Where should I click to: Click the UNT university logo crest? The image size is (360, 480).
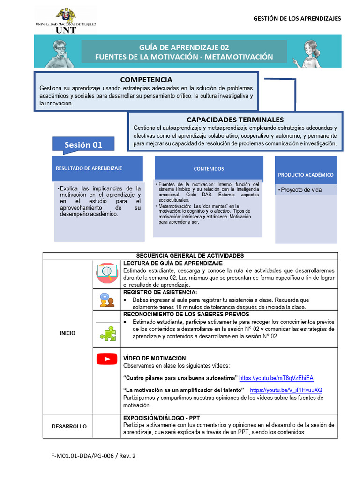pyautogui.click(x=66, y=15)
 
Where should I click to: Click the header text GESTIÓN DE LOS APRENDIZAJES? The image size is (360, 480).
pyautogui.click(x=297, y=19)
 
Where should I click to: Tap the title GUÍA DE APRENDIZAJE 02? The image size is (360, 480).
pyautogui.click(x=184, y=47)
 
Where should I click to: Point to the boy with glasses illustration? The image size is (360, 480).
pyautogui.click(x=59, y=53)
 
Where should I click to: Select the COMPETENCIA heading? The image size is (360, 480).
pyautogui.click(x=146, y=80)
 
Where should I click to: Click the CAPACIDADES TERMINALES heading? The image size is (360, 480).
pyautogui.click(x=235, y=120)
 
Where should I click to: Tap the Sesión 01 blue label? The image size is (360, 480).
pyautogui.click(x=83, y=145)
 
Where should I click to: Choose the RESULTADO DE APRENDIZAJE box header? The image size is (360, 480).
pyautogui.click(x=89, y=168)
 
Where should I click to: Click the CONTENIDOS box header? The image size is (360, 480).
pyautogui.click(x=209, y=169)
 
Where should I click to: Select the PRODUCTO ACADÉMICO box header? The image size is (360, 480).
pyautogui.click(x=306, y=175)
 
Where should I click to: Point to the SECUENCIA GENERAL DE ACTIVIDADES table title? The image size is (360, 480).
pyautogui.click(x=190, y=255)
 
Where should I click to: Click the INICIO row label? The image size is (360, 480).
pyautogui.click(x=67, y=333)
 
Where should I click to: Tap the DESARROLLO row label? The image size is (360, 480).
pyautogui.click(x=69, y=426)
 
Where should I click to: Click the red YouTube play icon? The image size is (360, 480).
pyautogui.click(x=106, y=359)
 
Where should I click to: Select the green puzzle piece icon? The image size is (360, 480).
pyautogui.click(x=107, y=333)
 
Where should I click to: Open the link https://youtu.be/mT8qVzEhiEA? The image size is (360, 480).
pyautogui.click(x=276, y=378)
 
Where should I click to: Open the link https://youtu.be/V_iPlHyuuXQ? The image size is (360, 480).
pyautogui.click(x=286, y=390)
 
